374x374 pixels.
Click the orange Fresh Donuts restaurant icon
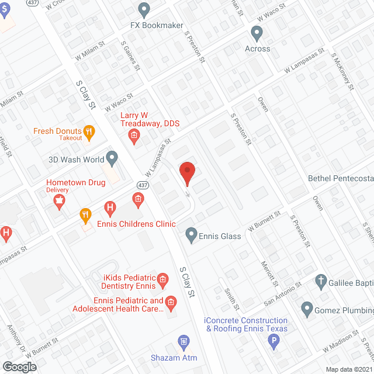point(89,133)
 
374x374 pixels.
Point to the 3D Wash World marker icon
point(112,158)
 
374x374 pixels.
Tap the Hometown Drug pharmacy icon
point(58,202)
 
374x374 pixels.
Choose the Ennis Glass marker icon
point(191,236)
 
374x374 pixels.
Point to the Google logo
point(19,366)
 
